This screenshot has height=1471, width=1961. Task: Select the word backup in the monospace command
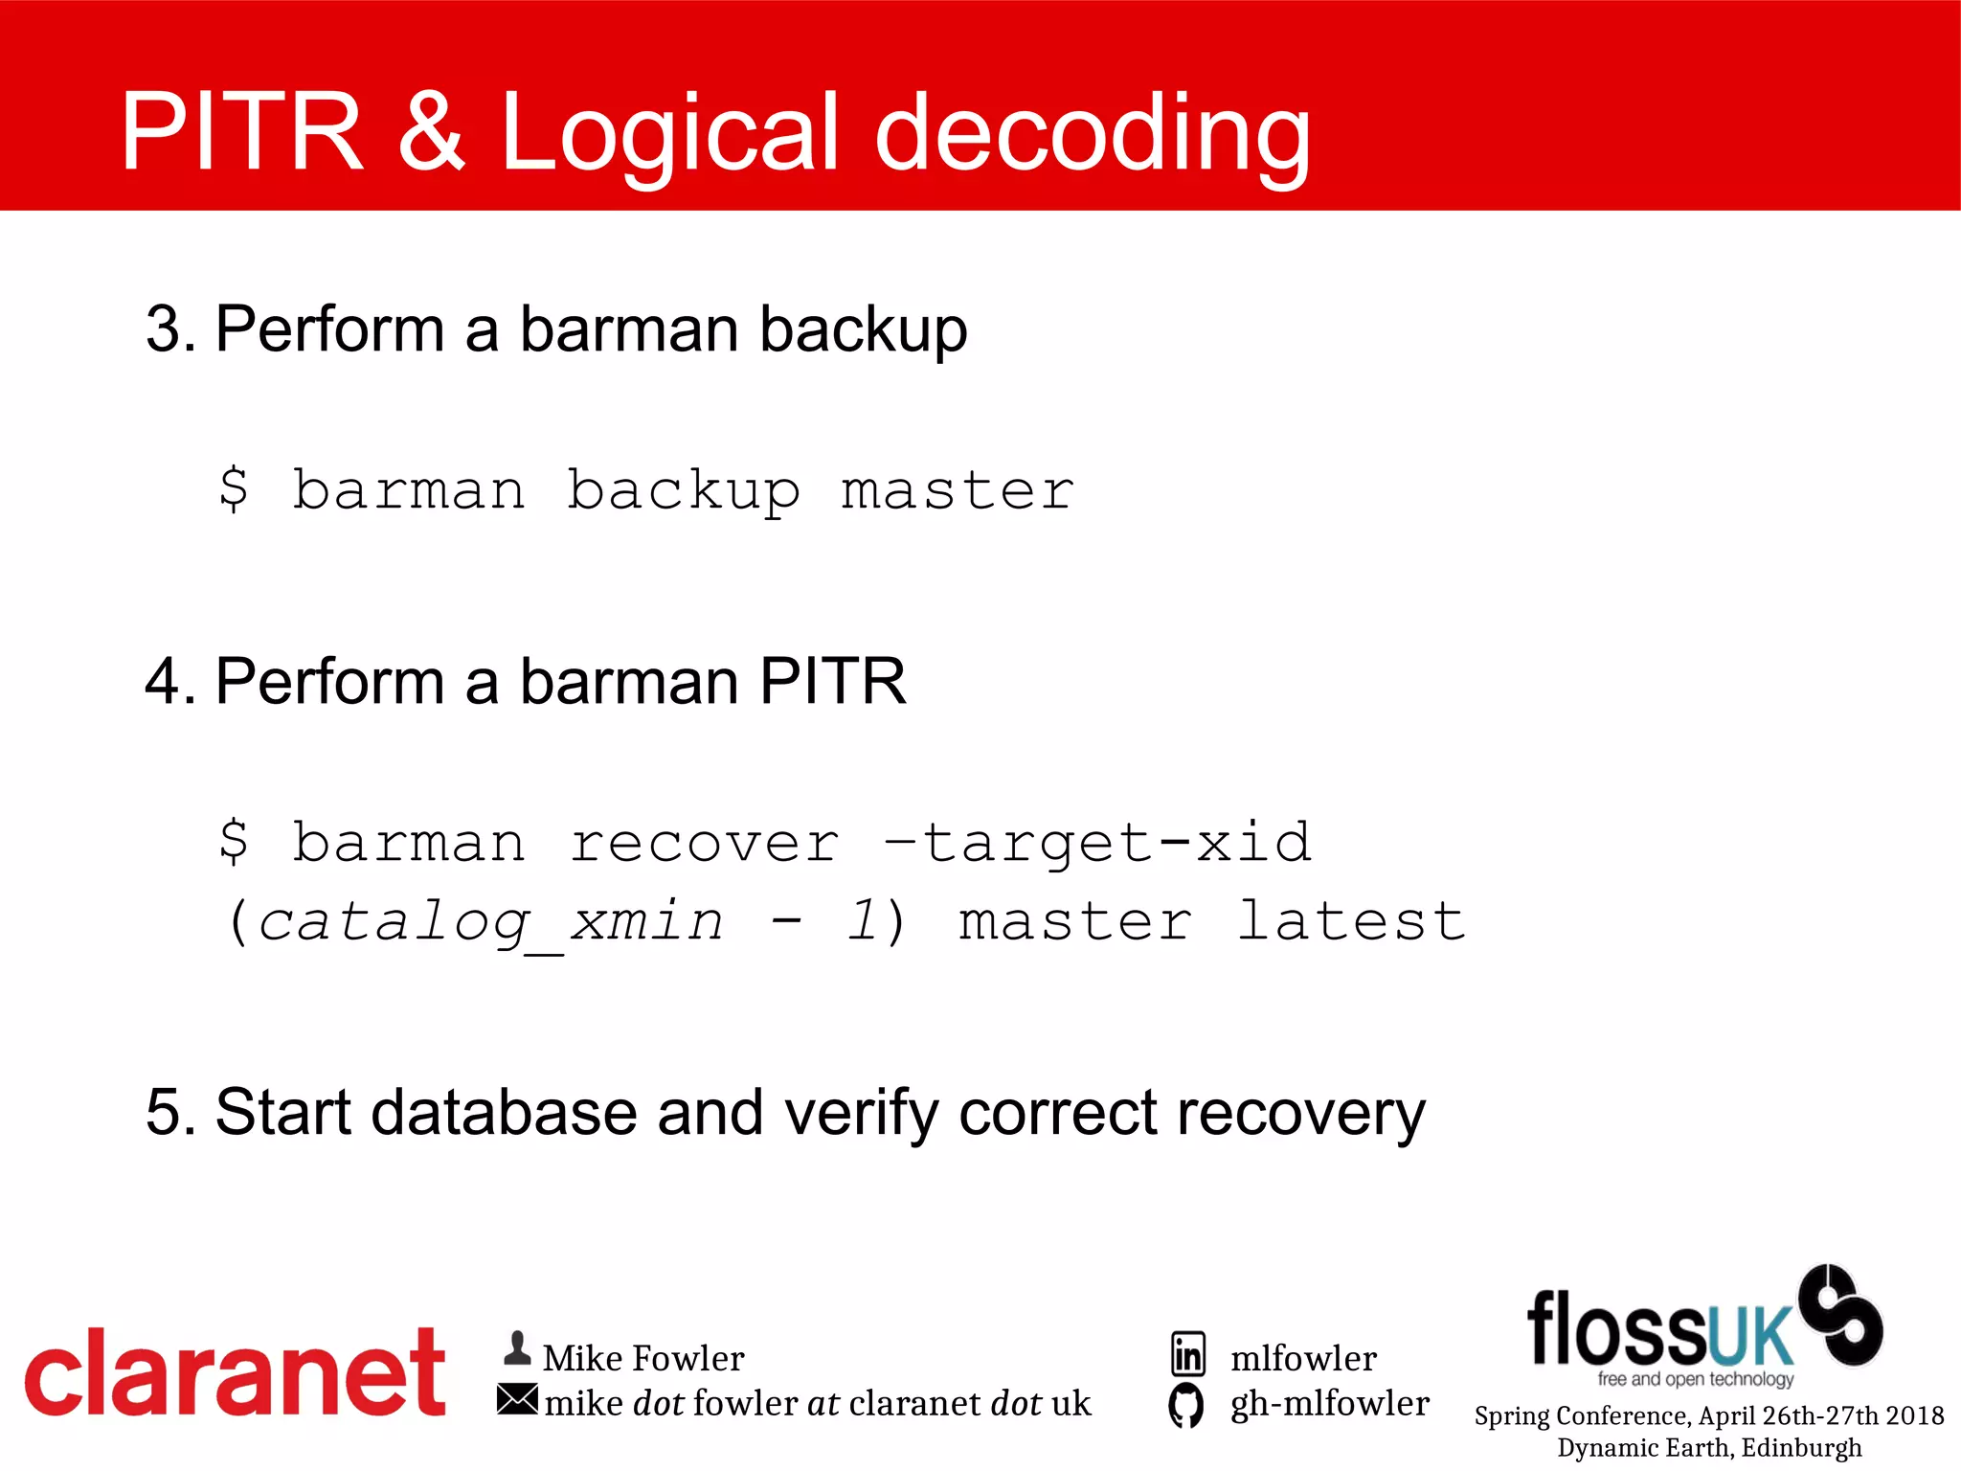coord(683,491)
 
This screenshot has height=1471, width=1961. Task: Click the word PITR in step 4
coord(832,681)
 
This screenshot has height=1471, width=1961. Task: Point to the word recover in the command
coord(704,843)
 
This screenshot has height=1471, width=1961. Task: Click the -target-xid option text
coord(1096,843)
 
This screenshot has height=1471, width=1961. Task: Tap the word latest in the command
coord(1350,921)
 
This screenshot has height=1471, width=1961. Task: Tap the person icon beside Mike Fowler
coord(517,1348)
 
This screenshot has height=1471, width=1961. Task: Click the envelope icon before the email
coord(517,1399)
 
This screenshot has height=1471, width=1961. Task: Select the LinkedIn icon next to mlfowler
coord(1187,1354)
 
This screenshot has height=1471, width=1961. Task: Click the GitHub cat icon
coord(1185,1405)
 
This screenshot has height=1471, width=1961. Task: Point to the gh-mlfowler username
coord(1329,1403)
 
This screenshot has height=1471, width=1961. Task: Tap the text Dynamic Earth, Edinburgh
coord(1709,1447)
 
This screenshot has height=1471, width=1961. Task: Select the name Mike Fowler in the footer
coord(642,1358)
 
